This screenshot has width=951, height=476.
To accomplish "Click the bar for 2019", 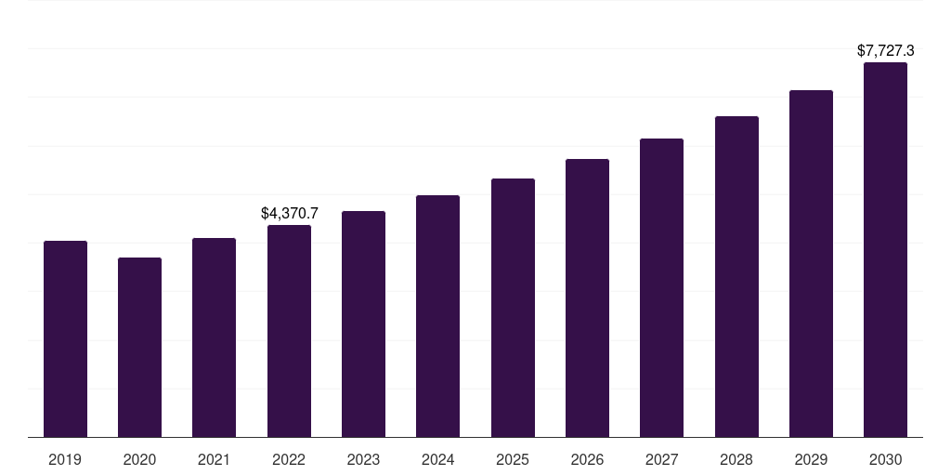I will [65, 339].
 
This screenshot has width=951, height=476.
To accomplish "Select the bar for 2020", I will [139, 348].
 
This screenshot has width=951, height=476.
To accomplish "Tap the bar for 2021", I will [214, 337].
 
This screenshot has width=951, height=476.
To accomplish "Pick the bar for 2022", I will [289, 331].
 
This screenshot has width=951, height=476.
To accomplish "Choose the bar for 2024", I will [437, 316].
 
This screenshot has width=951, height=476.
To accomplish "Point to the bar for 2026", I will [587, 298].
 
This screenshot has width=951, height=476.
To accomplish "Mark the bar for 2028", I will [736, 277].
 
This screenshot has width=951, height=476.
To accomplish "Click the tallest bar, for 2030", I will [885, 250].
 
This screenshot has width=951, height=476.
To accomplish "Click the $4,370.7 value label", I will [289, 214].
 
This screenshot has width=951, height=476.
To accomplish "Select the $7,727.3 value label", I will [885, 51].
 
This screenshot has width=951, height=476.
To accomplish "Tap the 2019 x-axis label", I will [65, 460].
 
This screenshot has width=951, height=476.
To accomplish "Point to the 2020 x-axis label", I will [139, 460].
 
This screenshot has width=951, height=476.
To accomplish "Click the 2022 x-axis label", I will [289, 460].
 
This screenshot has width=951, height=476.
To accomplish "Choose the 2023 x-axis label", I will [363, 460].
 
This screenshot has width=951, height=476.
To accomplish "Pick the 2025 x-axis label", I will [513, 460].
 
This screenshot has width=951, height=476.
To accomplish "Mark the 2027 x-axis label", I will [661, 460].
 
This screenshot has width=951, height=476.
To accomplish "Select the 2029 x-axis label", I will [811, 460].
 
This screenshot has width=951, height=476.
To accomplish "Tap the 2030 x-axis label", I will [885, 460].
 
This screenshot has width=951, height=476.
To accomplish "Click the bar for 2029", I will [811, 264].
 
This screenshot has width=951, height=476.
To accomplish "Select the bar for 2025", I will [513, 308].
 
